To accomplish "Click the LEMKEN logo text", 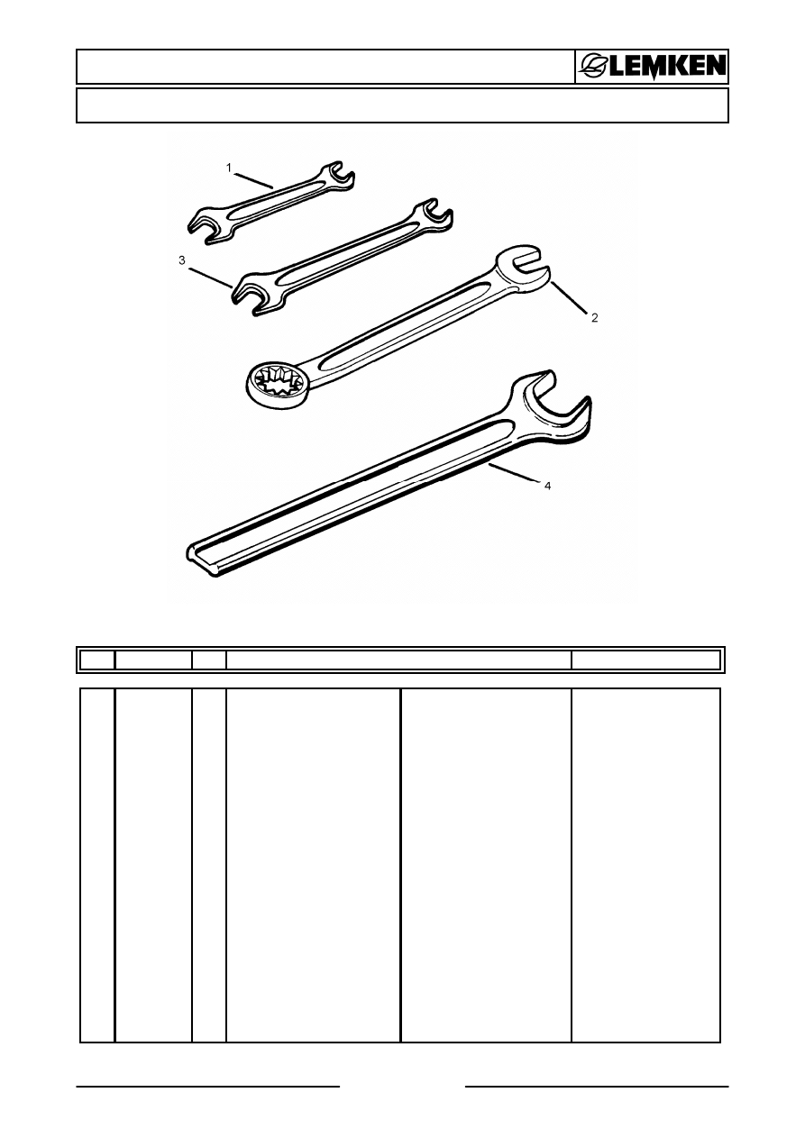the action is (667, 67).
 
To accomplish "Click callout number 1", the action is (229, 168).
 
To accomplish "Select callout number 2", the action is (594, 318).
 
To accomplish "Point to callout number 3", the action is (181, 260).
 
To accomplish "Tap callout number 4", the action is (547, 486).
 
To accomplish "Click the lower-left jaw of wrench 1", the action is (208, 226).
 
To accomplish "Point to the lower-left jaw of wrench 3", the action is (255, 295).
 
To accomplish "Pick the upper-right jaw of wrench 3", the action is (433, 214).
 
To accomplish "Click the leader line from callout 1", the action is (254, 181).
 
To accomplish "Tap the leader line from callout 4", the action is (513, 472).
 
